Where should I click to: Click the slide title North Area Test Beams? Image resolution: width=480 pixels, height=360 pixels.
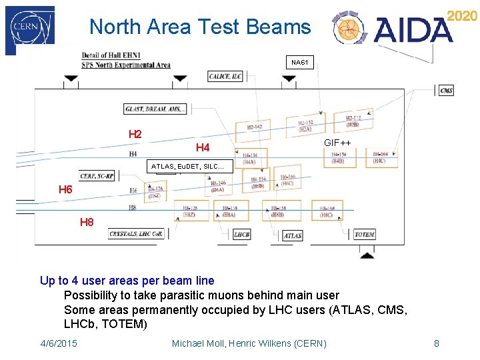[200, 27]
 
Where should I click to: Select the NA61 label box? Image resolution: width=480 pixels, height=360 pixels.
[300, 63]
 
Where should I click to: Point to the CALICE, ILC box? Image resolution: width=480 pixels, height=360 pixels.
[225, 76]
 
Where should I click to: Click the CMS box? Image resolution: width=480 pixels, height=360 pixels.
[446, 91]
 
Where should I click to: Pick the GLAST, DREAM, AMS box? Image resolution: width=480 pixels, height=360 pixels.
[155, 109]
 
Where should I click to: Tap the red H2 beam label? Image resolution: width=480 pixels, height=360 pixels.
[135, 134]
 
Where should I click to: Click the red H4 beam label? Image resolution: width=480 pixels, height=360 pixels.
[203, 147]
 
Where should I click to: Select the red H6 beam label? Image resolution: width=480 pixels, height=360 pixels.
[65, 190]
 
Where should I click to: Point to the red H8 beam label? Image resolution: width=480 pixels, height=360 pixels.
[87, 222]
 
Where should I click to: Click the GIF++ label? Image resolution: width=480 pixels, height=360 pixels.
[338, 143]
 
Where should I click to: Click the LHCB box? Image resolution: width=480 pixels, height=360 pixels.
[241, 235]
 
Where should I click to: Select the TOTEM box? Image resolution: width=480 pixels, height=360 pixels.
[364, 235]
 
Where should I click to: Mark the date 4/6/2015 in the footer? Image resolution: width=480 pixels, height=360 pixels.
[59, 343]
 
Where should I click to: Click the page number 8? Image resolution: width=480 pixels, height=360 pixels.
[437, 343]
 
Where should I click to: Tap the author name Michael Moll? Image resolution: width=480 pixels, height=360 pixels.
[199, 343]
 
